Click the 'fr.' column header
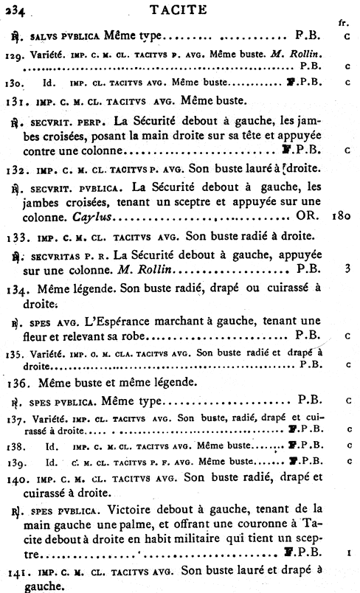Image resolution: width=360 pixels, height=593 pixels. pos(343,24)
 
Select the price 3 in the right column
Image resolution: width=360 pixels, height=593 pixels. pos(346,270)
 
